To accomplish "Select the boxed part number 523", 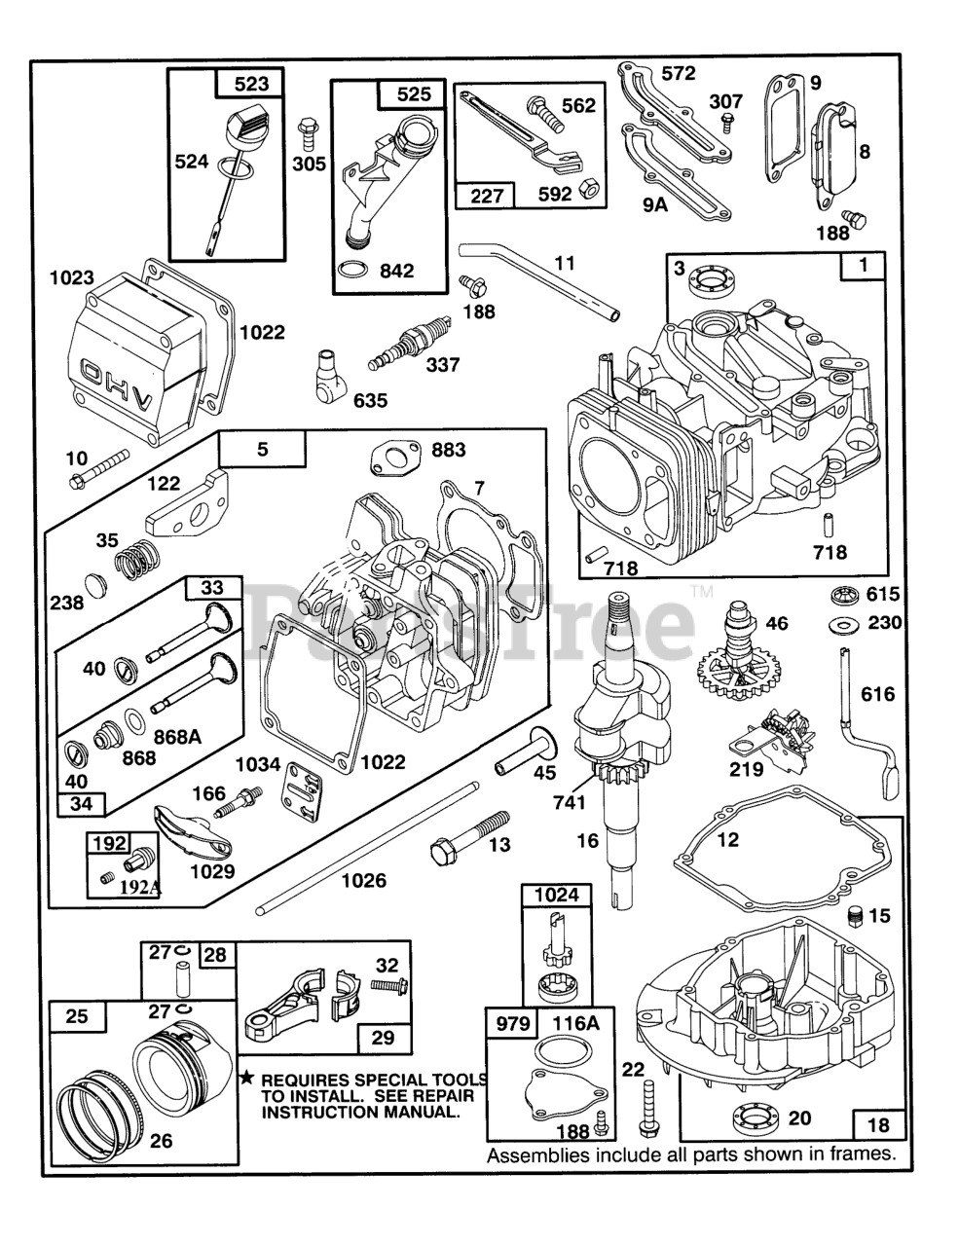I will point(251,84).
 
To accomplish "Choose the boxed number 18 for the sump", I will point(878,1124).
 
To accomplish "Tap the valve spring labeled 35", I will point(135,565).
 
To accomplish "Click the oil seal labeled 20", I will point(753,1118).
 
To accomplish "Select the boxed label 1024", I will point(557,895).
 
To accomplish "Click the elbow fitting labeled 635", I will point(327,375).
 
